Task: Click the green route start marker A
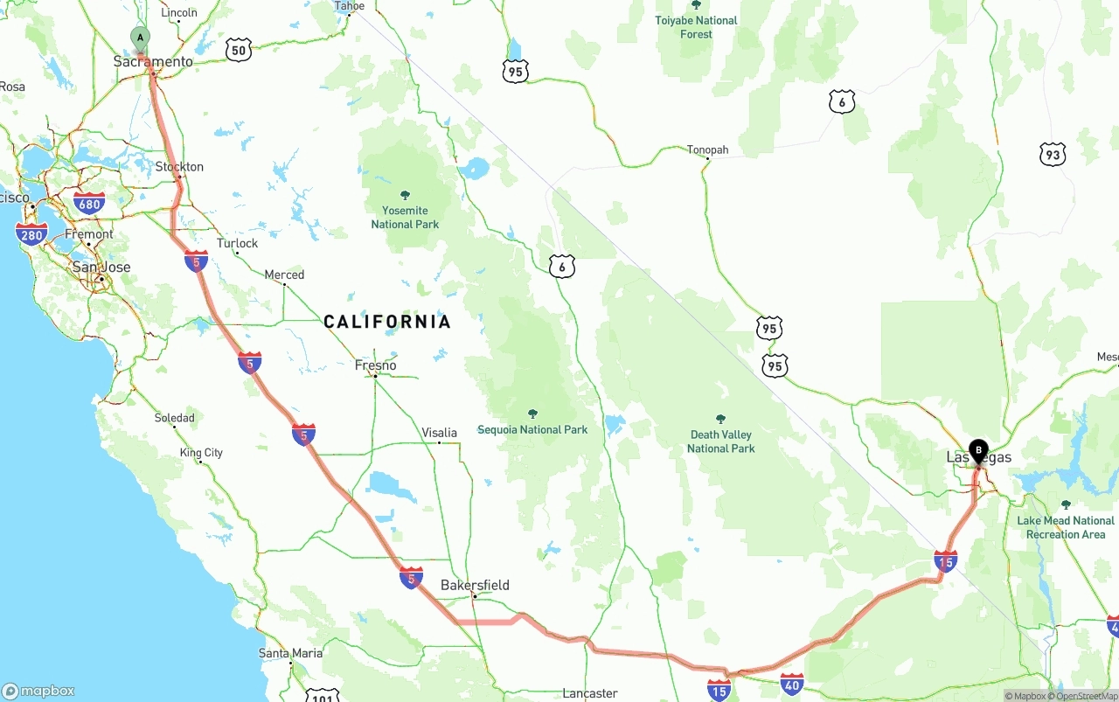click(x=140, y=38)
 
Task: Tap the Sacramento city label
click(x=153, y=62)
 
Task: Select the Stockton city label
click(x=179, y=167)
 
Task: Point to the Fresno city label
click(x=375, y=365)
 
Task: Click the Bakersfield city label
click(x=475, y=585)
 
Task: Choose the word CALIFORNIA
click(x=387, y=322)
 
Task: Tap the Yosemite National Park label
click(x=405, y=217)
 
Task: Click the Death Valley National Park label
click(x=720, y=441)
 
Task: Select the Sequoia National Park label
click(x=532, y=429)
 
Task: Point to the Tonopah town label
click(x=707, y=150)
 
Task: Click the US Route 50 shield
click(x=238, y=50)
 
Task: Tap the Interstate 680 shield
click(x=89, y=205)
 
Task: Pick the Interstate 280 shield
click(x=31, y=233)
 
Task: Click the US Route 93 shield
click(x=1053, y=155)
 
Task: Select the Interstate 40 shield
click(x=792, y=684)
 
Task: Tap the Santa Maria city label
click(x=290, y=653)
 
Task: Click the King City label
click(x=201, y=453)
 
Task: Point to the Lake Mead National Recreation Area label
click(x=1066, y=527)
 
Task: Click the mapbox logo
click(x=38, y=691)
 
